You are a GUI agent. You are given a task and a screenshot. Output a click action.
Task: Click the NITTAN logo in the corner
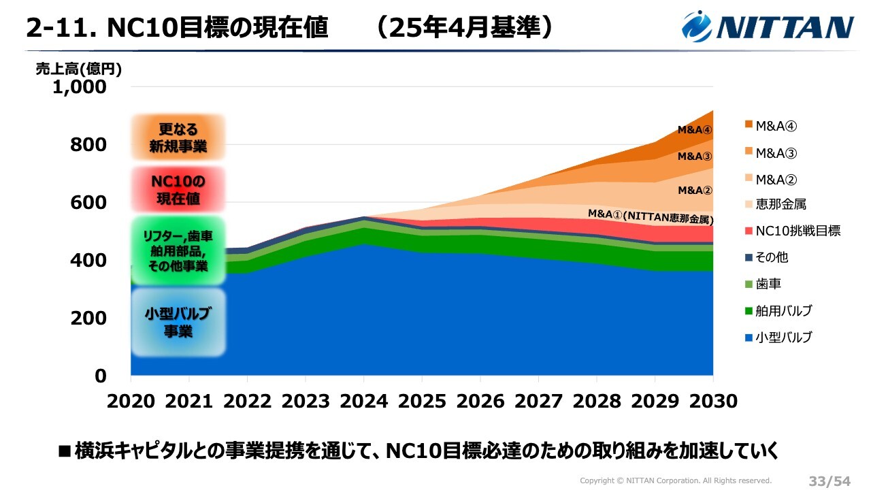768,27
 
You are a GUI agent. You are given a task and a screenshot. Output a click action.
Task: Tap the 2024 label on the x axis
363,401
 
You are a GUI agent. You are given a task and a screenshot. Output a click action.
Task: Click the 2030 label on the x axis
712,401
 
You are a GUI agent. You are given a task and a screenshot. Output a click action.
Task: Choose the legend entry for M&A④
776,126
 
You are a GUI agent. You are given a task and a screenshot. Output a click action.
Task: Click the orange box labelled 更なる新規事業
178,137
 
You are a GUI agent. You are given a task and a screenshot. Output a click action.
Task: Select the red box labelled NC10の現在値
178,190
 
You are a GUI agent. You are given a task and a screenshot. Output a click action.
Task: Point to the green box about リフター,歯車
178,250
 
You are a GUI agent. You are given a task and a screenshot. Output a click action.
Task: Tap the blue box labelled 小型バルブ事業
178,323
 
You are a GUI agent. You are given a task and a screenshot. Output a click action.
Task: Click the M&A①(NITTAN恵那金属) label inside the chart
651,216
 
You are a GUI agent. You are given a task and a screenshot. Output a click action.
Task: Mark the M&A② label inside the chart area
695,191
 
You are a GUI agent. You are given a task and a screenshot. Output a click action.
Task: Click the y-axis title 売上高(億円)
79,69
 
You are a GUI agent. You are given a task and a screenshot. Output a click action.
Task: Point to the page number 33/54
829,480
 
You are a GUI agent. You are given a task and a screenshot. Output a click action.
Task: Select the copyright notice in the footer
676,480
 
